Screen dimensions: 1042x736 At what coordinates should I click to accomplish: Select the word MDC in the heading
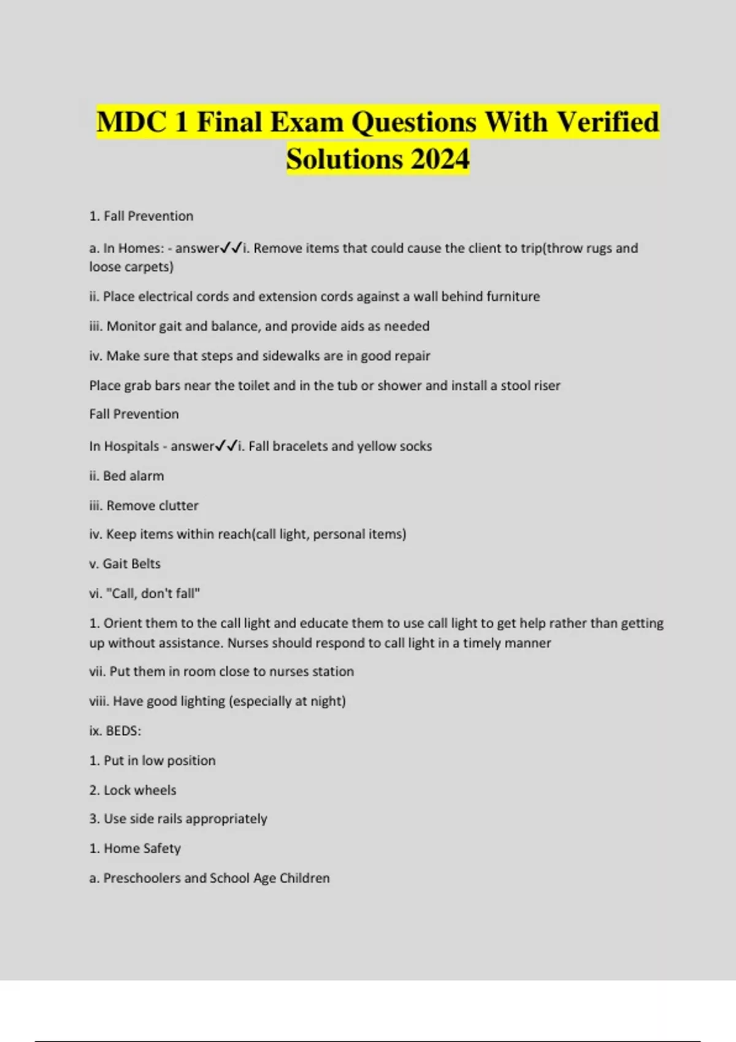click(x=131, y=122)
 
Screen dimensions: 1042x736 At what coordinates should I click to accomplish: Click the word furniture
click(x=513, y=297)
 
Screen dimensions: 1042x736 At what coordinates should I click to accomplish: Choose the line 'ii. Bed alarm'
click(x=126, y=476)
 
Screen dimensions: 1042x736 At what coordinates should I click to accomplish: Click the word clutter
click(x=178, y=506)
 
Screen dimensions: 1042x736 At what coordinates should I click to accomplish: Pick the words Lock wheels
click(x=140, y=791)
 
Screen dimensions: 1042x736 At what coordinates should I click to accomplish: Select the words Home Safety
click(x=142, y=849)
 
